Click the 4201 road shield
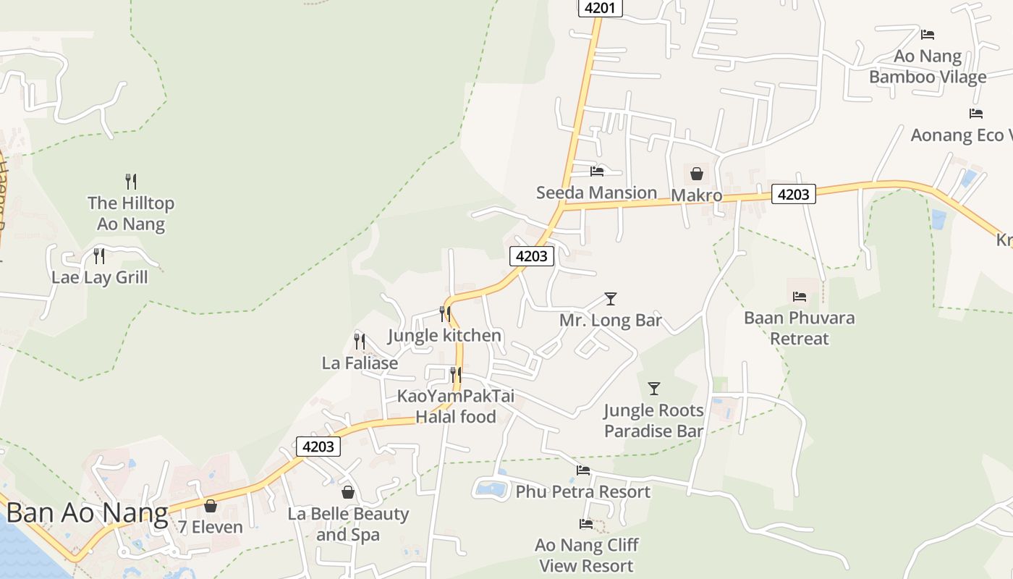[601, 8]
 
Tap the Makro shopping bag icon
[696, 174]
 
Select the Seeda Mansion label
[596, 193]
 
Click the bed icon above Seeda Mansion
[597, 172]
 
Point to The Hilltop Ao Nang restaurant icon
[131, 181]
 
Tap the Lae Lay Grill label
[100, 277]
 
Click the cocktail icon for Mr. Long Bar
[611, 298]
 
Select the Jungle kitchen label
[444, 335]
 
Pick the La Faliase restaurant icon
[359, 341]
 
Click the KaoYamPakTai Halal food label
[456, 406]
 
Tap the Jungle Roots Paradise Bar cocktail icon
[654, 389]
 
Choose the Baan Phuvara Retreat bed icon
[800, 296]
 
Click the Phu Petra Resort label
[582, 492]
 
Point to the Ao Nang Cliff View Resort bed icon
[586, 523]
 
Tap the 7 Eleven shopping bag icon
[211, 505]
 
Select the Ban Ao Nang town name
[87, 514]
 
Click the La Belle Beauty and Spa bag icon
[348, 492]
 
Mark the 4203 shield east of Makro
[794, 194]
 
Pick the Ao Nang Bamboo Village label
[928, 67]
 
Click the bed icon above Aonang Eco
[976, 114]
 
